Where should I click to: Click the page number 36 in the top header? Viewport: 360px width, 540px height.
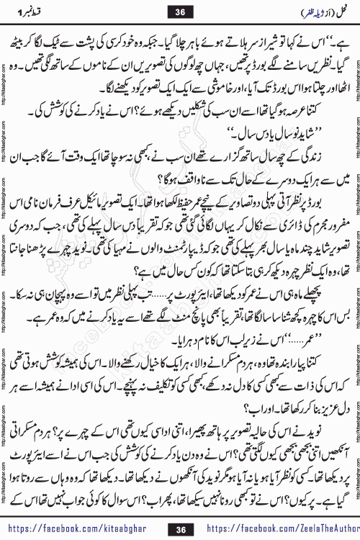[x=180, y=10]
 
